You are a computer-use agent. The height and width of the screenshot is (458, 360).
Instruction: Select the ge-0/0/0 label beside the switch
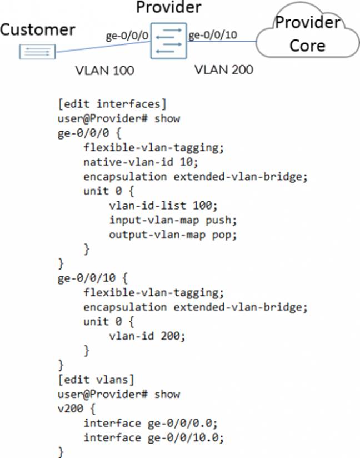[x=127, y=37]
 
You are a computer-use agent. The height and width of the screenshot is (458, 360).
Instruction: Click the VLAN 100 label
[x=105, y=71]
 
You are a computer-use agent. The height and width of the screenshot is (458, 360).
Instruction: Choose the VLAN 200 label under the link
[x=223, y=70]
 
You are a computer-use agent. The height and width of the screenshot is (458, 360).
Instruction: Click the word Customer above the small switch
[x=37, y=29]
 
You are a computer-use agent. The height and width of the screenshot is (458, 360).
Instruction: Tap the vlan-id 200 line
[x=142, y=336]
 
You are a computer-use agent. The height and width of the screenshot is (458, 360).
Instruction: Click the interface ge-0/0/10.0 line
[x=154, y=437]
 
